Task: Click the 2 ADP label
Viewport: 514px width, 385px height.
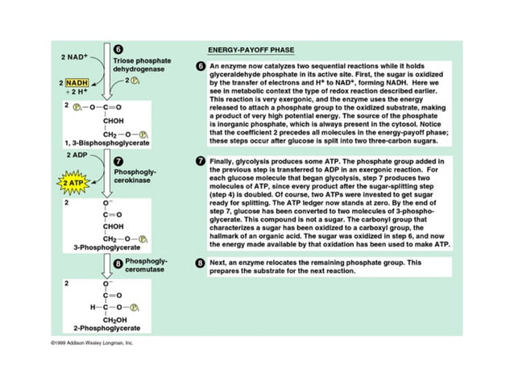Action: click(x=77, y=153)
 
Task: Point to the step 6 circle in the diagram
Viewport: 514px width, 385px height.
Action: click(x=118, y=50)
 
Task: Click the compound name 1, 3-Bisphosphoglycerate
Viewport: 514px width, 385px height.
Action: click(x=101, y=143)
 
